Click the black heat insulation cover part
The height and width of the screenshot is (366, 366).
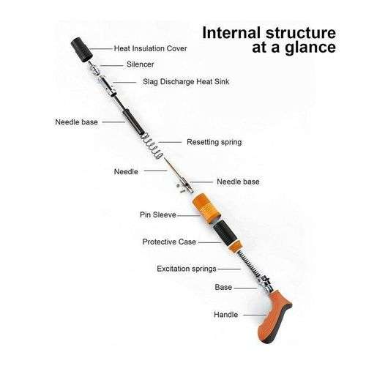tap(82, 49)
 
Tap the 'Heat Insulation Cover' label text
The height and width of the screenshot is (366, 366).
tap(150, 48)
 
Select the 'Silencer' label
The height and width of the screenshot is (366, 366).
tap(140, 64)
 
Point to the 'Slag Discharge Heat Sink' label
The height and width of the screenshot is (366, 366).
tap(186, 81)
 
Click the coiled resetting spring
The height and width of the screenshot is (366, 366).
tap(152, 146)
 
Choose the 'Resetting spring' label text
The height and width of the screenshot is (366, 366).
tap(214, 142)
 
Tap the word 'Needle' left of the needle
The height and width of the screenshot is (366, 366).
tap(126, 171)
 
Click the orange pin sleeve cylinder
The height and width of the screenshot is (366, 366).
tap(206, 208)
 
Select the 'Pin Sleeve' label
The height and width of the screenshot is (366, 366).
tap(158, 214)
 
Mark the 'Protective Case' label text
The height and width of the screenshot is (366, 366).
tap(169, 242)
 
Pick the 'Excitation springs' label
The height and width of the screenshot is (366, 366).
tap(187, 269)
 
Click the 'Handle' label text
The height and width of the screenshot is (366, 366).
tap(225, 315)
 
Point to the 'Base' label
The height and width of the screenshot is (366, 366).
tap(223, 287)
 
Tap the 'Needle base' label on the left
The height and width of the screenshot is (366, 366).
tap(76, 122)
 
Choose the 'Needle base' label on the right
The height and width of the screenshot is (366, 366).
tap(238, 182)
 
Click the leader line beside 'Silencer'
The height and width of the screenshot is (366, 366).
tap(111, 65)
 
